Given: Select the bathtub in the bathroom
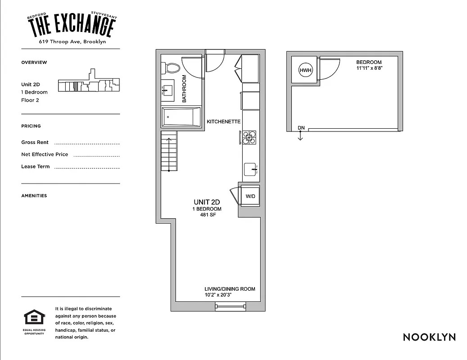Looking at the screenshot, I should (181, 117).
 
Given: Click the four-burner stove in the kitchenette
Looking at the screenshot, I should (249, 137).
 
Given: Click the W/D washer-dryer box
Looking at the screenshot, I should (250, 196).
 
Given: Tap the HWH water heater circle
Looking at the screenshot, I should (305, 70).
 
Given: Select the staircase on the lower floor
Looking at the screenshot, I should (169, 151).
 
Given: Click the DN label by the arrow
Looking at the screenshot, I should (301, 128).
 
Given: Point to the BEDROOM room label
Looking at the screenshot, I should (369, 63).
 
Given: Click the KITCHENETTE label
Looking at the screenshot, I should (223, 122).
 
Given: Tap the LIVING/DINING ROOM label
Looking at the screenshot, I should (230, 289).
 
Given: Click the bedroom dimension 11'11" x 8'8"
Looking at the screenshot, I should (369, 69).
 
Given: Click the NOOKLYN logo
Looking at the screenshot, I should (429, 337).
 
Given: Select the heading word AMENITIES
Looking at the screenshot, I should (34, 196).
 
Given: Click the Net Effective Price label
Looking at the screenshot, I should (45, 154).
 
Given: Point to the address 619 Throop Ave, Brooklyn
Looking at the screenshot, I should (72, 42).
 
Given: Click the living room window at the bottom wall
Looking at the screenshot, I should (230, 307).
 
